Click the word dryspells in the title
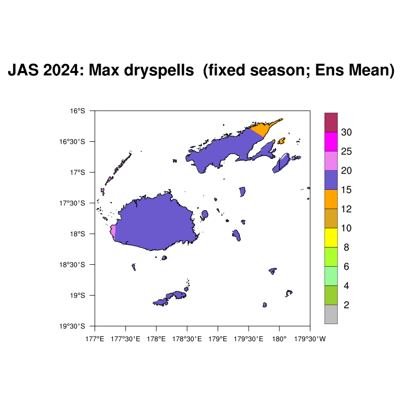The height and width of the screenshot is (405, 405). coord(159,70)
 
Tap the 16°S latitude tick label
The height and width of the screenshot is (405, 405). coord(77,111)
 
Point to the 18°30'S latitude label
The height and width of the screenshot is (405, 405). coord(72,265)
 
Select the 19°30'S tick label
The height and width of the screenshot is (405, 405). coord(72,326)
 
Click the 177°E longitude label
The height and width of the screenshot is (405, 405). coord(95,339)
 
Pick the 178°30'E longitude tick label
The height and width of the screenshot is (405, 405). coord(187,339)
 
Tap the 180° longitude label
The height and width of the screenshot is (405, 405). coord(279,339)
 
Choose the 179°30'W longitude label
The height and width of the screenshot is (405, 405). coord(310,339)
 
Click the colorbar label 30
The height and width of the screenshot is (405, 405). coord(346,132)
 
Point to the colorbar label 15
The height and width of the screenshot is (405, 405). coord(346,190)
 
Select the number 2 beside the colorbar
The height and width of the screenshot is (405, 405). coord(346,305)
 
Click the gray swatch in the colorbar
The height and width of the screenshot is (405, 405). coord(331,314)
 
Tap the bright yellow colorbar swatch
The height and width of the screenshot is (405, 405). coord(331,237)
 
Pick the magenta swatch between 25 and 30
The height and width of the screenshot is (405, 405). coord(331,142)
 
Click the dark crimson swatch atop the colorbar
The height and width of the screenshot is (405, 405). coord(331,123)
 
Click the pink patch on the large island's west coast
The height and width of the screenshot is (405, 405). coord(113,231)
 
